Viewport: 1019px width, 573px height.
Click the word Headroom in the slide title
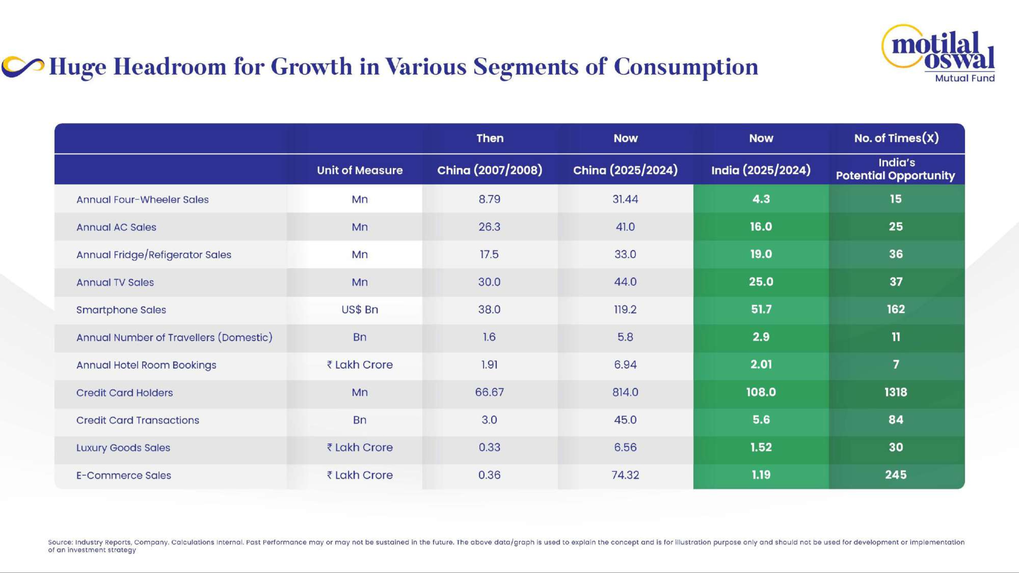(x=170, y=66)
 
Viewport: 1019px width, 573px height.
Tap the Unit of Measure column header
(x=359, y=170)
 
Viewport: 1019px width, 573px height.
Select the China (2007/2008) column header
(x=489, y=170)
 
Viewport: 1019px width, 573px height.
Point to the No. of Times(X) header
(x=896, y=138)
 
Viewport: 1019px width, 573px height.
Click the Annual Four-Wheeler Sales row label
(x=142, y=199)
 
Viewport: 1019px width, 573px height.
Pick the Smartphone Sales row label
(x=121, y=310)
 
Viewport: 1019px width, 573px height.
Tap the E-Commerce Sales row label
(x=123, y=475)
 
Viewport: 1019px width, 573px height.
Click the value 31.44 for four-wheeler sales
(x=625, y=199)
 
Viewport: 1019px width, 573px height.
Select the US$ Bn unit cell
(x=359, y=309)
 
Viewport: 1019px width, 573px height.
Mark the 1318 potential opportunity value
(x=896, y=392)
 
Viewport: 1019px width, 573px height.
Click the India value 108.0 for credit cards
(x=761, y=392)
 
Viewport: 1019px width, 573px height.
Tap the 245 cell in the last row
(x=896, y=474)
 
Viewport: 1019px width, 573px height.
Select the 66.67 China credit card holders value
(x=489, y=392)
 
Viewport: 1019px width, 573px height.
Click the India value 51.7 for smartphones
(x=761, y=309)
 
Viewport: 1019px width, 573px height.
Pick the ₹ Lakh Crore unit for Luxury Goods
(x=359, y=447)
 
